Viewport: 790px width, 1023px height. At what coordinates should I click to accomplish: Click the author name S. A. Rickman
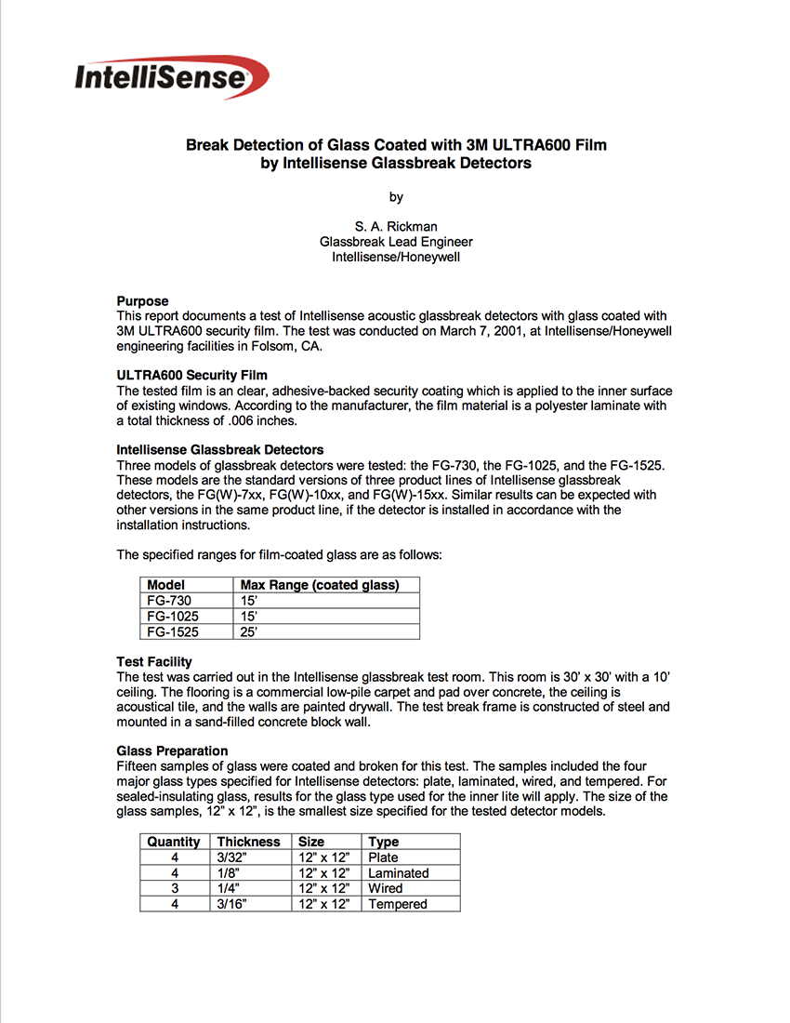pos(396,226)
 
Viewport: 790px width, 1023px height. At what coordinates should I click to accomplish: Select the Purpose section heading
pos(142,301)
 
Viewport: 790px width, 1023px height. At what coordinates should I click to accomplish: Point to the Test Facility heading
pos(154,662)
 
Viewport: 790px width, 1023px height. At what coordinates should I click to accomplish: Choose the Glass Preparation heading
pos(172,751)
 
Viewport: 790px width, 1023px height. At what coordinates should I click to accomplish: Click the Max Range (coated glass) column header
pos(320,585)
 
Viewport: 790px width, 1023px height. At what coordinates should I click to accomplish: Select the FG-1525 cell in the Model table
pos(173,631)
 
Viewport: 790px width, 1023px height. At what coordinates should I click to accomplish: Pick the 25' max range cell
pos(249,631)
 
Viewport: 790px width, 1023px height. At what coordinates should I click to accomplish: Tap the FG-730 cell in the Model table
pos(169,601)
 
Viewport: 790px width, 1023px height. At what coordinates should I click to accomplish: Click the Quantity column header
pos(174,842)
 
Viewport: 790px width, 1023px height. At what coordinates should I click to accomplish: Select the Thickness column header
pos(248,842)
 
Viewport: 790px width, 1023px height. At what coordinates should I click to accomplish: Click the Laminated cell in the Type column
pos(399,873)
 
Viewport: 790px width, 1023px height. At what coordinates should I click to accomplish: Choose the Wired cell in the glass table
pos(386,888)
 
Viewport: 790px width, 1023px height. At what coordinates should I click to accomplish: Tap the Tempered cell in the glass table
pos(398,904)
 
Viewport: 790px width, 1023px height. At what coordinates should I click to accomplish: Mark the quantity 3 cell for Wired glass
pos(175,888)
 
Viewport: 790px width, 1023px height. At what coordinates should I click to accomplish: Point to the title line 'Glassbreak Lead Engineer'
pos(396,242)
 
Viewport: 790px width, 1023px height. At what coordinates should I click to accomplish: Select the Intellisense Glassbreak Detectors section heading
pos(220,450)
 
